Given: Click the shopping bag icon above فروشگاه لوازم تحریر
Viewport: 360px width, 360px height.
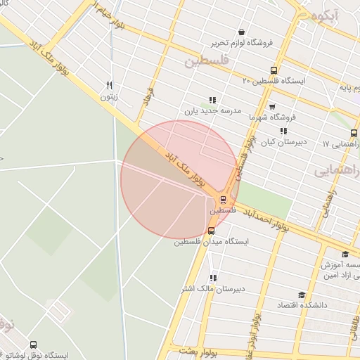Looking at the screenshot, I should [x=242, y=32].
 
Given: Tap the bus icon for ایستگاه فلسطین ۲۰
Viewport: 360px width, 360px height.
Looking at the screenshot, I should [x=274, y=70].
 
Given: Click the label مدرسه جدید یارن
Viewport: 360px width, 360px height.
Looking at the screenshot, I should [x=212, y=110].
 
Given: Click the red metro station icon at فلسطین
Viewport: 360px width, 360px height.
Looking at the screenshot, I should [x=223, y=200].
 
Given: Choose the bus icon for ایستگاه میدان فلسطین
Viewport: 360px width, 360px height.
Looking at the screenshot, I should [x=211, y=231].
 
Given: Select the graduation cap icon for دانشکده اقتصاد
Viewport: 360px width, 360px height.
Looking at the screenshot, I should [x=302, y=295].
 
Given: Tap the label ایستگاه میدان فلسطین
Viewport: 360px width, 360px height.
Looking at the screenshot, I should [x=212, y=242].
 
